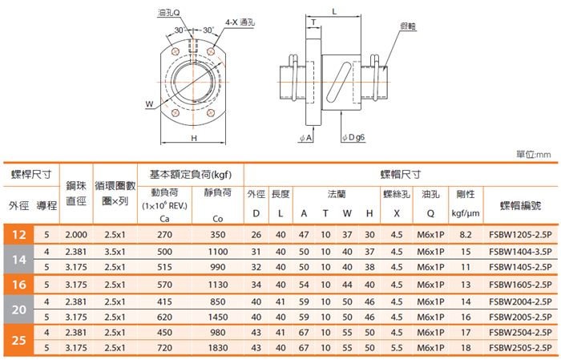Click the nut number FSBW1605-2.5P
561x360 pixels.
coord(520,285)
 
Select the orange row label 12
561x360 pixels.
coord(18,235)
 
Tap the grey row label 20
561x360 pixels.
coord(18,309)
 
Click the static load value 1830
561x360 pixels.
coord(218,348)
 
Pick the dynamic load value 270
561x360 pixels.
coord(164,235)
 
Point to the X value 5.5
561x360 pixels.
coord(397,348)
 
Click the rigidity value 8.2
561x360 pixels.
coord(466,235)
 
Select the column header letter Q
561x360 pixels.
coord(430,213)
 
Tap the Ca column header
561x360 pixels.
coord(164,219)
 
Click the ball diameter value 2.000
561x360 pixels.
coord(76,235)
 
